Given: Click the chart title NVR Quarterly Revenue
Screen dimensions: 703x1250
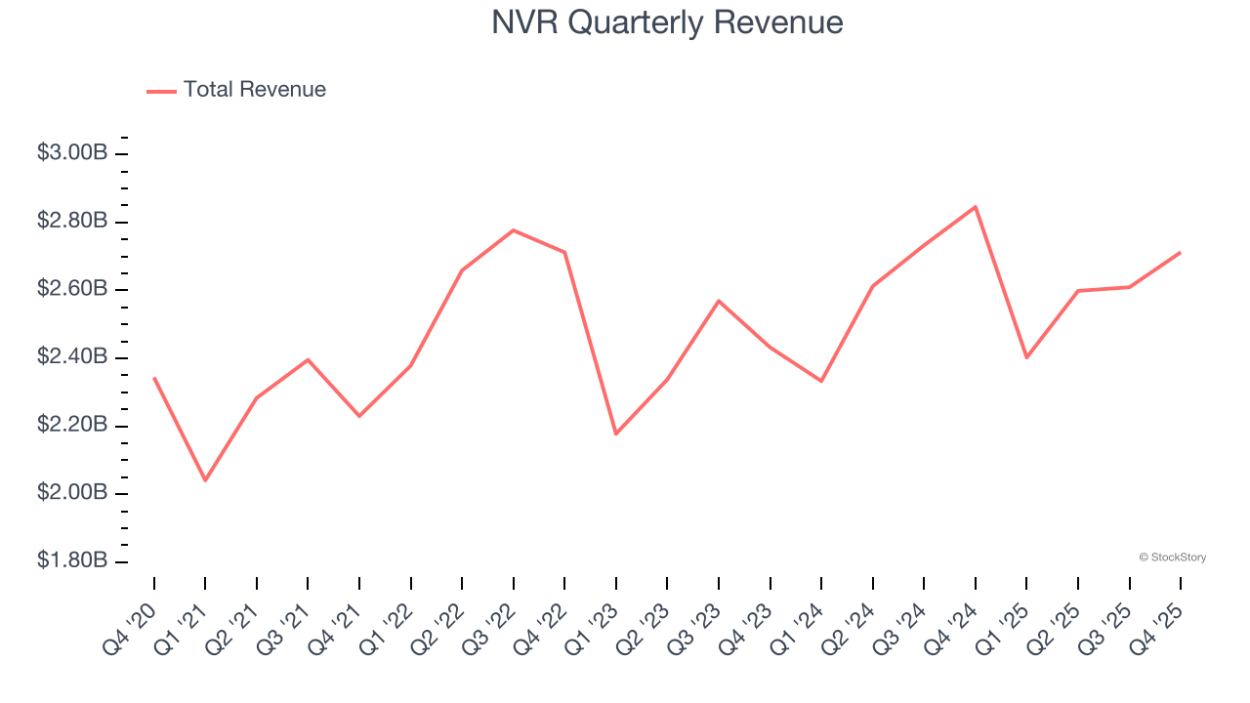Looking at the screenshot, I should [x=667, y=22].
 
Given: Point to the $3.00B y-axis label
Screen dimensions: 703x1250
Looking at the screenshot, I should [x=72, y=153].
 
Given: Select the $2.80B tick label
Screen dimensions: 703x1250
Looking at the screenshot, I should [x=72, y=222].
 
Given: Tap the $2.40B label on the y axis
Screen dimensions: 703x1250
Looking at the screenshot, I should [x=72, y=357].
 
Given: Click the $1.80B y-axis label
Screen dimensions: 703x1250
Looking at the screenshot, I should [x=72, y=561].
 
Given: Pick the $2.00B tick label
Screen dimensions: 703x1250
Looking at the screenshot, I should [x=72, y=493].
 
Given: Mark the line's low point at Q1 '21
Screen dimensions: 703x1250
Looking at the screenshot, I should [x=205, y=480].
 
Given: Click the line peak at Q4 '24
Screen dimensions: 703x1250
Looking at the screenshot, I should [x=976, y=207].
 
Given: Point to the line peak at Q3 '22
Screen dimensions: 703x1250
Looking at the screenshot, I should [x=514, y=230].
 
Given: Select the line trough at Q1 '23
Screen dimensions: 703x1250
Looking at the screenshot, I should [x=616, y=434].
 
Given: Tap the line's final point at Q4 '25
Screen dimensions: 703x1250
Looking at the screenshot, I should [x=1181, y=253].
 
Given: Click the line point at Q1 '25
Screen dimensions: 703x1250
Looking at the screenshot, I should [x=1026, y=357].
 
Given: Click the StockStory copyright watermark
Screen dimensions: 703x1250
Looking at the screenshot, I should [x=1172, y=558].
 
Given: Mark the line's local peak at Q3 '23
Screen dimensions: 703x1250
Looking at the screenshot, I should [x=719, y=301].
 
